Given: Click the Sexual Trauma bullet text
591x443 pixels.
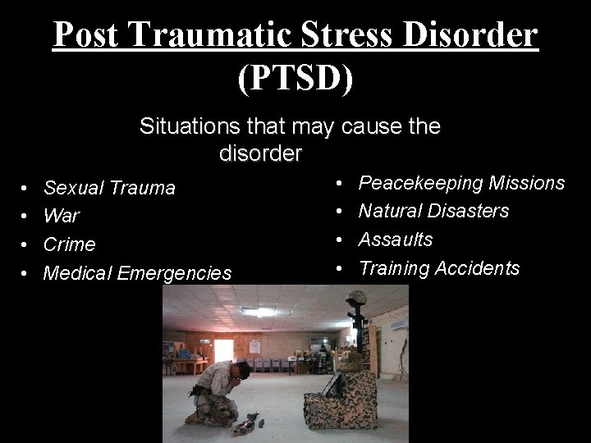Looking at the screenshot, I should [x=109, y=188].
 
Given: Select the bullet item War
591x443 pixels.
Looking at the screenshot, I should [x=62, y=217].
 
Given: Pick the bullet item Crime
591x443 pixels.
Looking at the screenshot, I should [x=69, y=244].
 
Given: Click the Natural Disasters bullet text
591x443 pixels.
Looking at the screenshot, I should [x=433, y=211].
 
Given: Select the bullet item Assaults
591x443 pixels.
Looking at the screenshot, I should [x=396, y=240].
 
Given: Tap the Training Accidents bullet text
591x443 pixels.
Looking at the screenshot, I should [x=439, y=268].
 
